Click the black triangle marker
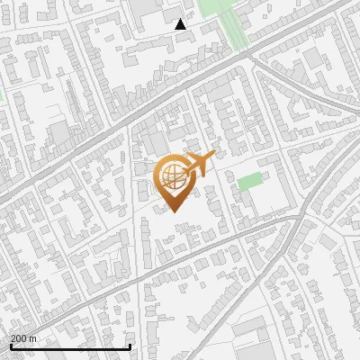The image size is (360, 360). tap(181, 24)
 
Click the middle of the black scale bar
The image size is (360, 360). tap(69, 346)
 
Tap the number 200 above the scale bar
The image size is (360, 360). tap(19, 338)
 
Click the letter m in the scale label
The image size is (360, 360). tap(33, 338)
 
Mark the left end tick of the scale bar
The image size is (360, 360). tap(10, 346)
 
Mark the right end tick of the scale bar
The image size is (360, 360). tap(130, 346)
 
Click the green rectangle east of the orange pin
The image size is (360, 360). tap(250, 181)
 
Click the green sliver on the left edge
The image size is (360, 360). tap(2, 93)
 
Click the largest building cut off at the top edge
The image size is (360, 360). tap(144, 7)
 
